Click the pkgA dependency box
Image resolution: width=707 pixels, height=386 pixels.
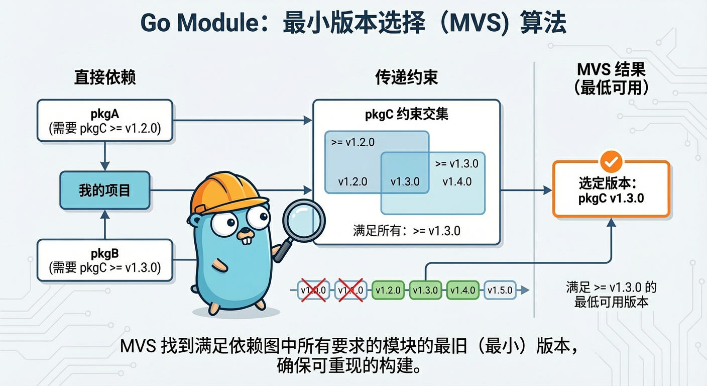click(104, 120)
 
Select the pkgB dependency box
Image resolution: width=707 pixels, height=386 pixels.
click(104, 260)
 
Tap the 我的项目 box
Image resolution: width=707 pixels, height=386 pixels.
click(104, 190)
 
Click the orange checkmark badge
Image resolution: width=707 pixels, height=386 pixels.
click(611, 162)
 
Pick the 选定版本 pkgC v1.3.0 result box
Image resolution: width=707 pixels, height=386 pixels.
click(611, 190)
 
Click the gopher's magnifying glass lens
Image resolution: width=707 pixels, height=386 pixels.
click(304, 220)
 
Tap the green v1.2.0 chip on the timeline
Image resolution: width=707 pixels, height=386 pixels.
click(388, 291)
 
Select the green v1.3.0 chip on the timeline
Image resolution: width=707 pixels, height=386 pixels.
click(425, 291)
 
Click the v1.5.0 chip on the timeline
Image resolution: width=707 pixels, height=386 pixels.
click(500, 291)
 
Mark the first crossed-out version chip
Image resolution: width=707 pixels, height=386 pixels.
click(313, 291)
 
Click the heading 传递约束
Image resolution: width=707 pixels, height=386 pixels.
click(406, 77)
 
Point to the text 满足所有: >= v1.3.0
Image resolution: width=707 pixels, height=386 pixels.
click(406, 231)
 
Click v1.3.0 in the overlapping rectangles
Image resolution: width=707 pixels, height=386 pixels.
click(404, 181)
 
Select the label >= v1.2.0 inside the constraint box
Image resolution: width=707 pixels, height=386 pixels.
click(353, 142)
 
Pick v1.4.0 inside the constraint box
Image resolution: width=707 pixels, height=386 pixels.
click(457, 181)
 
